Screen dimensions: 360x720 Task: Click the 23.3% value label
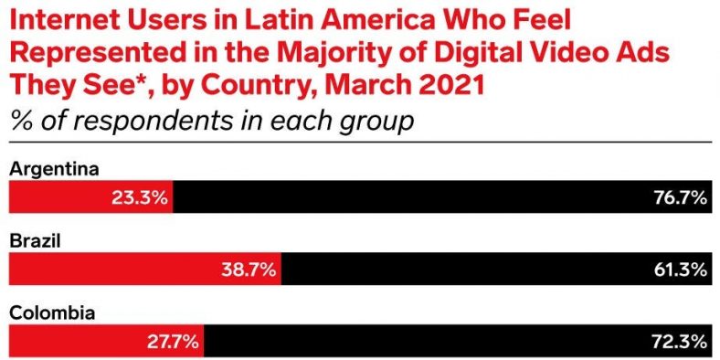(139, 197)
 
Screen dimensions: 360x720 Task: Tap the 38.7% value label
(248, 270)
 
